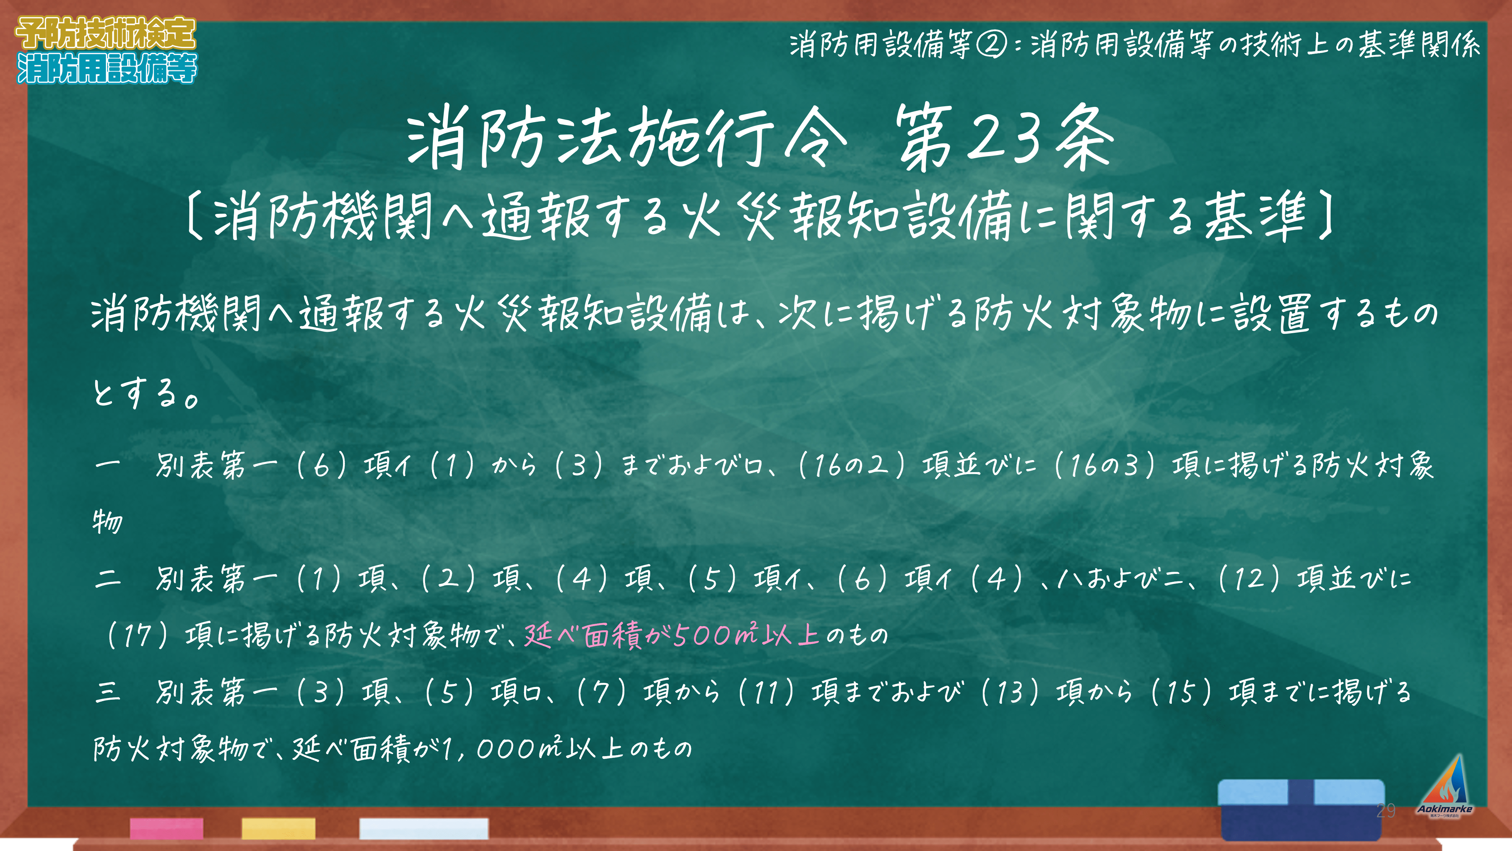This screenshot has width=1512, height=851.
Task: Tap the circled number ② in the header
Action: click(991, 45)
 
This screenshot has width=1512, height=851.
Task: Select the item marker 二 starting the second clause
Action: click(108, 578)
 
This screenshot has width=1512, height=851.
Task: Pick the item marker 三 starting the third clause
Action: click(108, 692)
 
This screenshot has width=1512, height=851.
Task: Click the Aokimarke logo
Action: click(1445, 787)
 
